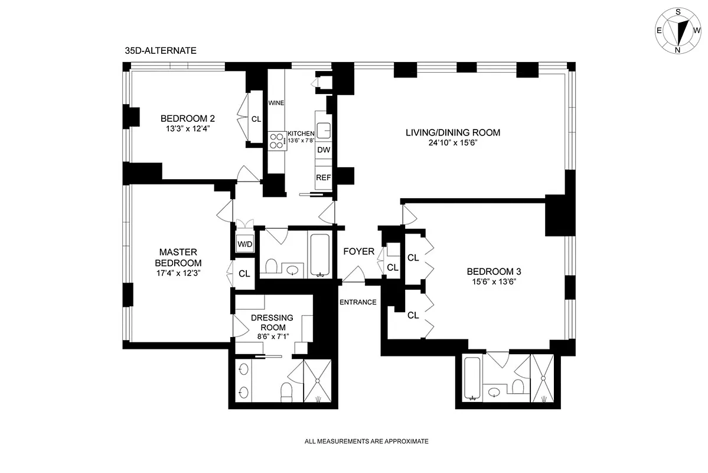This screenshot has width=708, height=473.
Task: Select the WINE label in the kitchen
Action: [276, 103]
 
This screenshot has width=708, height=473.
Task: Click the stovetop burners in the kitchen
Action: [276, 141]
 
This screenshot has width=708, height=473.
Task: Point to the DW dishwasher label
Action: [323, 150]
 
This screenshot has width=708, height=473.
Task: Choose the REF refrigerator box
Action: [323, 177]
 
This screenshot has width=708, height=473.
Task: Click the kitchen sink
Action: [324, 130]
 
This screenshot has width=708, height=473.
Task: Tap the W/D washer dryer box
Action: [244, 244]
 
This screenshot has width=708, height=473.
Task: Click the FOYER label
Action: [359, 251]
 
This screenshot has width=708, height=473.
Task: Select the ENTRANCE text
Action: [358, 302]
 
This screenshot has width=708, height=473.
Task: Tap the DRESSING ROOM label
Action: [272, 322]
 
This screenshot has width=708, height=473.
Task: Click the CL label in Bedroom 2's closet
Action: [256, 119]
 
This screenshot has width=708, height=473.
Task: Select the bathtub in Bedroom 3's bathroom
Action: [472, 378]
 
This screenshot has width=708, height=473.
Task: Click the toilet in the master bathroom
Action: [287, 391]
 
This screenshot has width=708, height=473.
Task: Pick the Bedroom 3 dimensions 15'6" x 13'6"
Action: [494, 282]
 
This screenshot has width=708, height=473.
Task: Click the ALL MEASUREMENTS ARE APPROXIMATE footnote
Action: [366, 441]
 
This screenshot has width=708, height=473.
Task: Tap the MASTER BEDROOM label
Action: [178, 257]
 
